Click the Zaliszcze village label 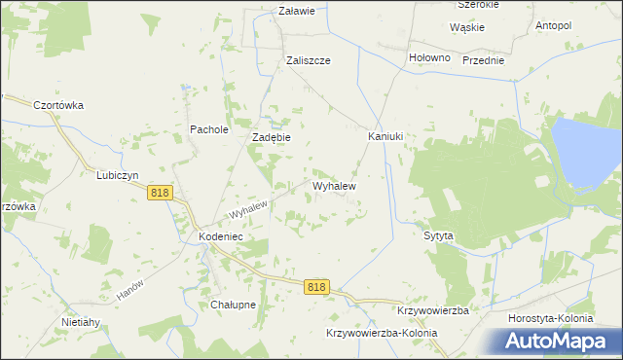tap(309, 60)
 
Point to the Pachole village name tap(208, 128)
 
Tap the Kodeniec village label tap(220, 236)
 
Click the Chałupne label tap(233, 305)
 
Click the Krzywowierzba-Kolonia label tap(381, 333)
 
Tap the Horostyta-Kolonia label tap(551, 318)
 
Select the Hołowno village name tap(429, 57)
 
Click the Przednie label tap(484, 60)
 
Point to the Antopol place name tap(553, 25)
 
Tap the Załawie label tap(297, 12)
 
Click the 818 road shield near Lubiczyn tap(161, 194)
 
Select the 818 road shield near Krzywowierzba tap(316, 287)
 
